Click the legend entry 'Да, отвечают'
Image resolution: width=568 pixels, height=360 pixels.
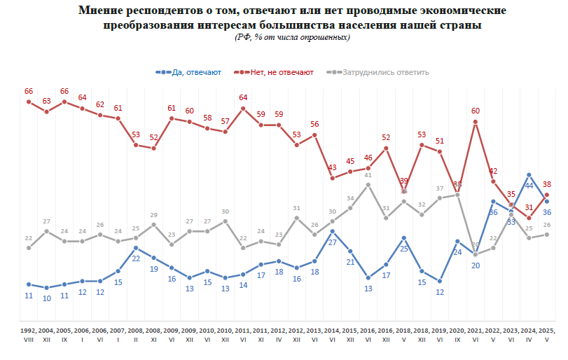[x=193, y=72]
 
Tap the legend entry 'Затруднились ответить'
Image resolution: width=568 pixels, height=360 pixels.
[x=384, y=72]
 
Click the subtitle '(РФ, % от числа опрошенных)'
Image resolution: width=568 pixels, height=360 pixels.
[x=292, y=37]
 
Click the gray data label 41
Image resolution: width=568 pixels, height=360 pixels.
[x=368, y=175]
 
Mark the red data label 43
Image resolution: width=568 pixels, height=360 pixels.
[x=332, y=167]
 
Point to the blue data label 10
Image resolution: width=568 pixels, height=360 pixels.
[x=47, y=298]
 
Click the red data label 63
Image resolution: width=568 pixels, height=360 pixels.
[x=47, y=101]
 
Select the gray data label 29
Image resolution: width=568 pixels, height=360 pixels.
[x=154, y=215]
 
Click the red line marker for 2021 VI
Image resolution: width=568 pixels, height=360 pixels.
[x=475, y=122]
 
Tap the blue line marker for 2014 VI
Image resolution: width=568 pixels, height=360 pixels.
[x=332, y=231]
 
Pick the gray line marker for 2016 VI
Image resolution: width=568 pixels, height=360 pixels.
[x=368, y=185]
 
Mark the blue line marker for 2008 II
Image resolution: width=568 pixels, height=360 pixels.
[x=136, y=248]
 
